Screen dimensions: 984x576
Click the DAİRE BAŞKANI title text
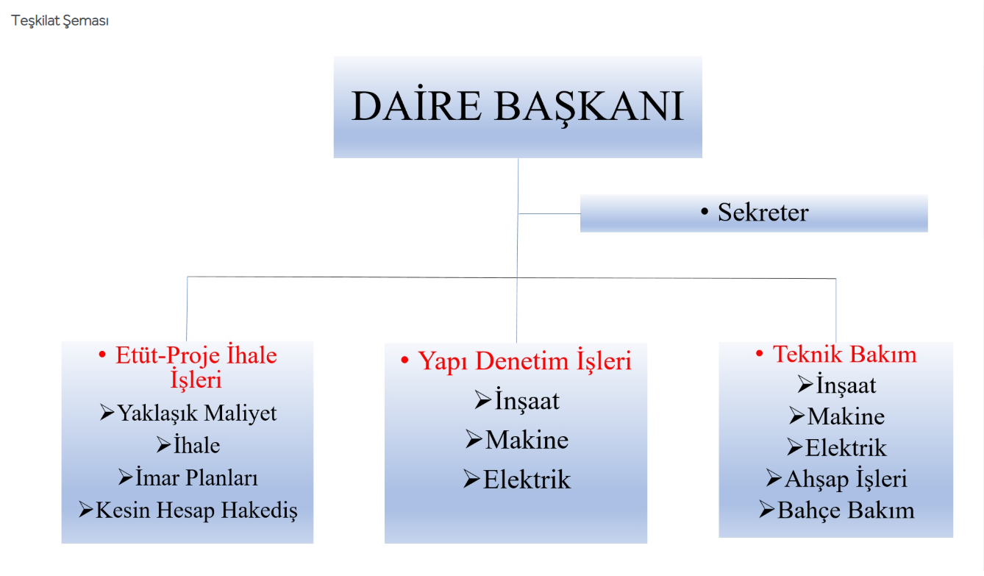[x=518, y=105]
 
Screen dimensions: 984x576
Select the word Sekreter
[x=763, y=212]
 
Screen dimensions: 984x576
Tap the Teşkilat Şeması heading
[x=60, y=21]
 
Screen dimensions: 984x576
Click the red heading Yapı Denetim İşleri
[x=524, y=361]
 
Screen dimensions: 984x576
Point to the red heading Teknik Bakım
[x=845, y=354]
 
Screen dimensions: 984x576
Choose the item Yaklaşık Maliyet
[x=197, y=413]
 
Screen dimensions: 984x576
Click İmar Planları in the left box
[x=196, y=477]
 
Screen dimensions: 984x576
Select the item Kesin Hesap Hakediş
[x=196, y=511]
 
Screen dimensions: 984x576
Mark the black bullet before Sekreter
[x=705, y=212]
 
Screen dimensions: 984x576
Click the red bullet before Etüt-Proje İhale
[x=102, y=354]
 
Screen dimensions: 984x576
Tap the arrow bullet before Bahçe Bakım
[x=766, y=510]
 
